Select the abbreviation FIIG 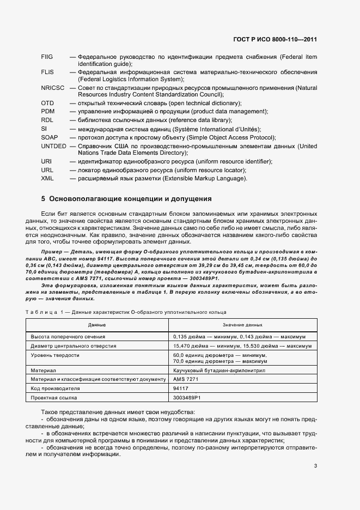coord(47,57)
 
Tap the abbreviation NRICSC coord(52,87)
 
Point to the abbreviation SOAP coord(49,138)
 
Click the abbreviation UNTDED coord(53,147)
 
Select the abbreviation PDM coord(47,111)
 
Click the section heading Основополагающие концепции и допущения coord(126,199)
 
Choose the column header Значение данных coord(242,324)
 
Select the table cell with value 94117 coord(181,388)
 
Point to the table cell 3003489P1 coord(188,398)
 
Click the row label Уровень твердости coord(56,355)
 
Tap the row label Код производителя coord(56,388)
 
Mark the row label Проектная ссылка coord(54,398)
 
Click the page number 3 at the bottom coord(315,465)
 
